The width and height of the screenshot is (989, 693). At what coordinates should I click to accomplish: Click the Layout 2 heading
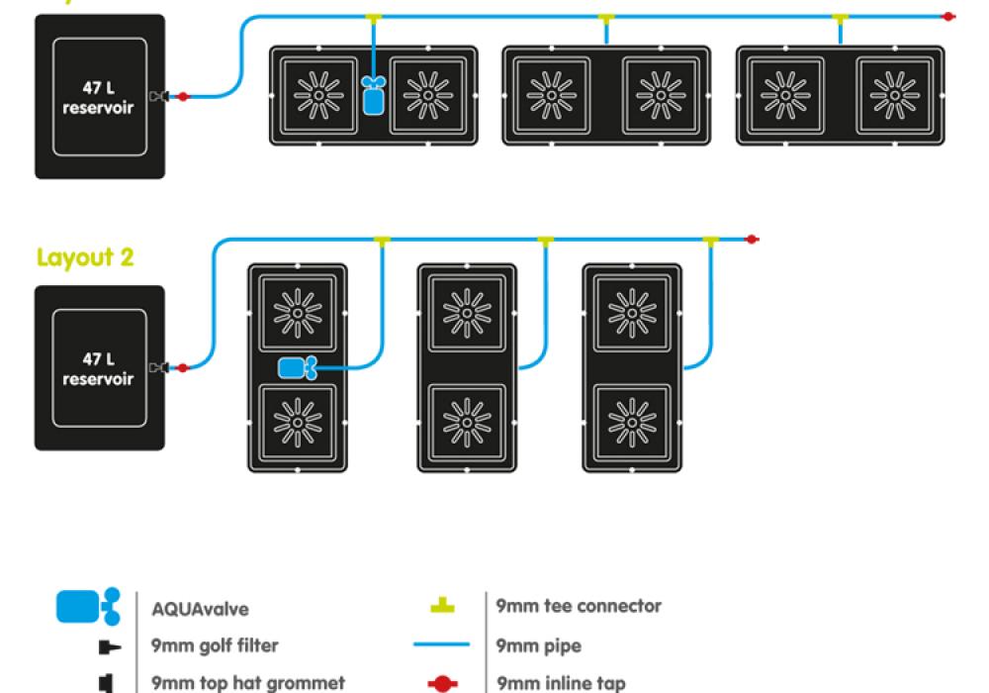[85, 257]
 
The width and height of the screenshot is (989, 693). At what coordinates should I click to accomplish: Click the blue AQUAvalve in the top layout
[373, 97]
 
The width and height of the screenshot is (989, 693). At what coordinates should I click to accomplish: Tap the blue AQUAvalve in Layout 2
[297, 368]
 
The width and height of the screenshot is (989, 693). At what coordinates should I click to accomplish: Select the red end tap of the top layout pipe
[947, 17]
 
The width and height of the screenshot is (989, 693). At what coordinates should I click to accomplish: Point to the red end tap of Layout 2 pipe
[752, 239]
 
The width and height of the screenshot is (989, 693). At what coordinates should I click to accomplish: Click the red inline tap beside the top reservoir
[181, 96]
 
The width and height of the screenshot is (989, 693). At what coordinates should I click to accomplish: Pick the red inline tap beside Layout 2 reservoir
[181, 368]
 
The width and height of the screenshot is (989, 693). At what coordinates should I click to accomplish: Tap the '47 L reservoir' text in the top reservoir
[98, 97]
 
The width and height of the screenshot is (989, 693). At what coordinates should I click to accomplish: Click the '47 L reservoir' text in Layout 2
[98, 369]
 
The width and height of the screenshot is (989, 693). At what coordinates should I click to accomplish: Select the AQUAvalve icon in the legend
[88, 606]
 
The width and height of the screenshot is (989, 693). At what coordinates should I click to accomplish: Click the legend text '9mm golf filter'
[215, 645]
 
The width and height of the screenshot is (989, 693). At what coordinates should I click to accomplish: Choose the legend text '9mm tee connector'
[579, 606]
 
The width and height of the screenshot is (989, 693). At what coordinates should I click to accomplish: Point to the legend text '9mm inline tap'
[562, 683]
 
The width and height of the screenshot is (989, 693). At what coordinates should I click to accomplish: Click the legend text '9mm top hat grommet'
[248, 683]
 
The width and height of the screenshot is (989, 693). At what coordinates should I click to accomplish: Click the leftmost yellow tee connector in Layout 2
[383, 240]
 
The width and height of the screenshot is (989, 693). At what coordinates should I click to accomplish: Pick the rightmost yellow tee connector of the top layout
[841, 18]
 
